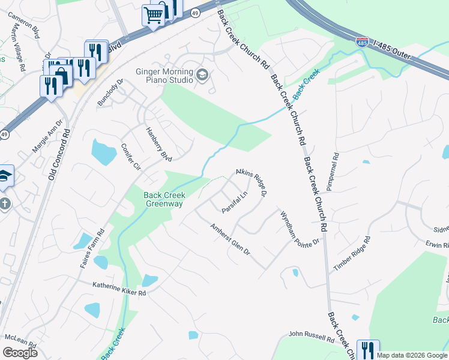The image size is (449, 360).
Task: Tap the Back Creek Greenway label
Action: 164,199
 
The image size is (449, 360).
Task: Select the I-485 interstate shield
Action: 362,43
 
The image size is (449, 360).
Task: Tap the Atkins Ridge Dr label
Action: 251,181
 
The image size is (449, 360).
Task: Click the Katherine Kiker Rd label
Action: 119,290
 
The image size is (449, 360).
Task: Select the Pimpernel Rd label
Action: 334,169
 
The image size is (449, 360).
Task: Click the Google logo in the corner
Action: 20,352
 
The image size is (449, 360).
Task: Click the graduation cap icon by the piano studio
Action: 202,75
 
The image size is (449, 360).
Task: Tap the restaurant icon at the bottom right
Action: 367,349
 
